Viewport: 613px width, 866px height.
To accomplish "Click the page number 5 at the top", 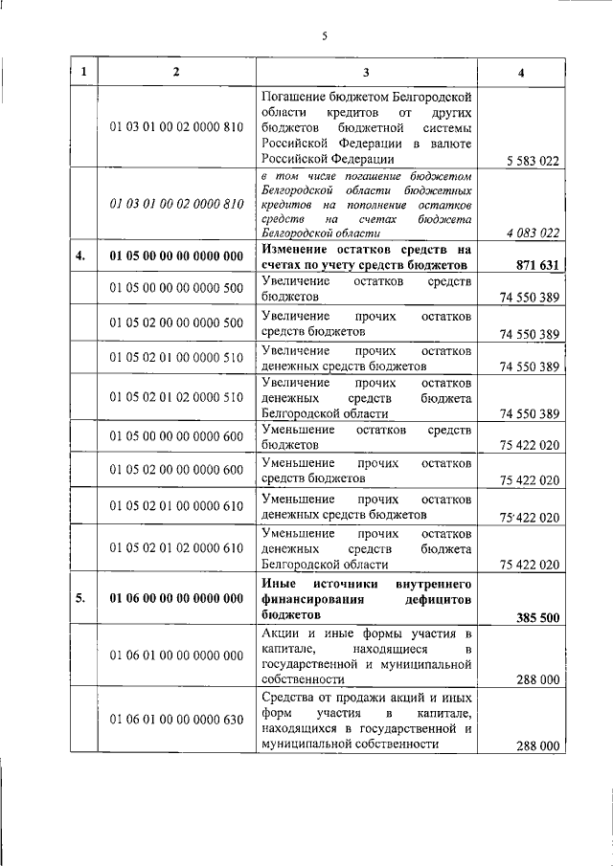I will [325, 36].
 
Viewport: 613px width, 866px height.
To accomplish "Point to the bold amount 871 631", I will [534, 265].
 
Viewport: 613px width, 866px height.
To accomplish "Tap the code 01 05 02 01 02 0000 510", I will [176, 397].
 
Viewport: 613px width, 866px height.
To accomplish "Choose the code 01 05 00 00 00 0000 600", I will [176, 433].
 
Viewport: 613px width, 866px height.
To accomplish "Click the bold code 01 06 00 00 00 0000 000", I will [176, 599].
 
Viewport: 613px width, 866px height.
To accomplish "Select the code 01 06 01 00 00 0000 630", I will [176, 721].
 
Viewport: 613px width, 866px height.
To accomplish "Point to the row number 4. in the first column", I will [82, 255].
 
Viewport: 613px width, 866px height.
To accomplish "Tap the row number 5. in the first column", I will [82, 599].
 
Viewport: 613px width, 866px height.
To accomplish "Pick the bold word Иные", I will [278, 582].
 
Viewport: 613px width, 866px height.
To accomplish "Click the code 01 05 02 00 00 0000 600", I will [176, 469].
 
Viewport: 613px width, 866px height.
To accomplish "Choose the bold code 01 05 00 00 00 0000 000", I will [176, 255].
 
